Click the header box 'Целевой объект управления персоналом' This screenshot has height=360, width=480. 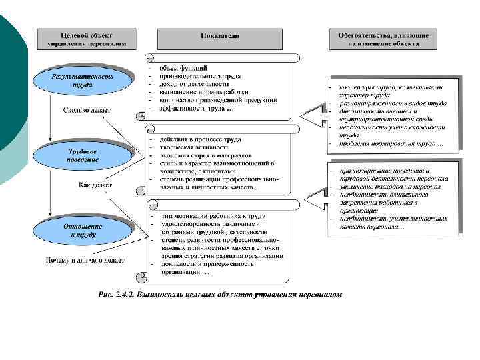coord(86,39)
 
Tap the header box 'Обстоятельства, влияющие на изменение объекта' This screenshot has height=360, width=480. coord(383,39)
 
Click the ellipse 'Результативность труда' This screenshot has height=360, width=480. coord(83,81)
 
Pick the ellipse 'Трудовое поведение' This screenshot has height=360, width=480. coord(83,156)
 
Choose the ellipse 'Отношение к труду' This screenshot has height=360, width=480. coord(83,230)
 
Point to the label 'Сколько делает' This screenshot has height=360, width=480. coord(87,111)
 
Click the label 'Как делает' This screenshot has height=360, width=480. coord(95,185)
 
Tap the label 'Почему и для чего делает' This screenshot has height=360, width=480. coord(85,260)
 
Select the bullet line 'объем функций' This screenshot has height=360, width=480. coord(183,68)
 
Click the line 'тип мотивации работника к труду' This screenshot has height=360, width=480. coord(213,216)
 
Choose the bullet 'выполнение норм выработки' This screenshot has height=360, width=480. coord(204,92)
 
